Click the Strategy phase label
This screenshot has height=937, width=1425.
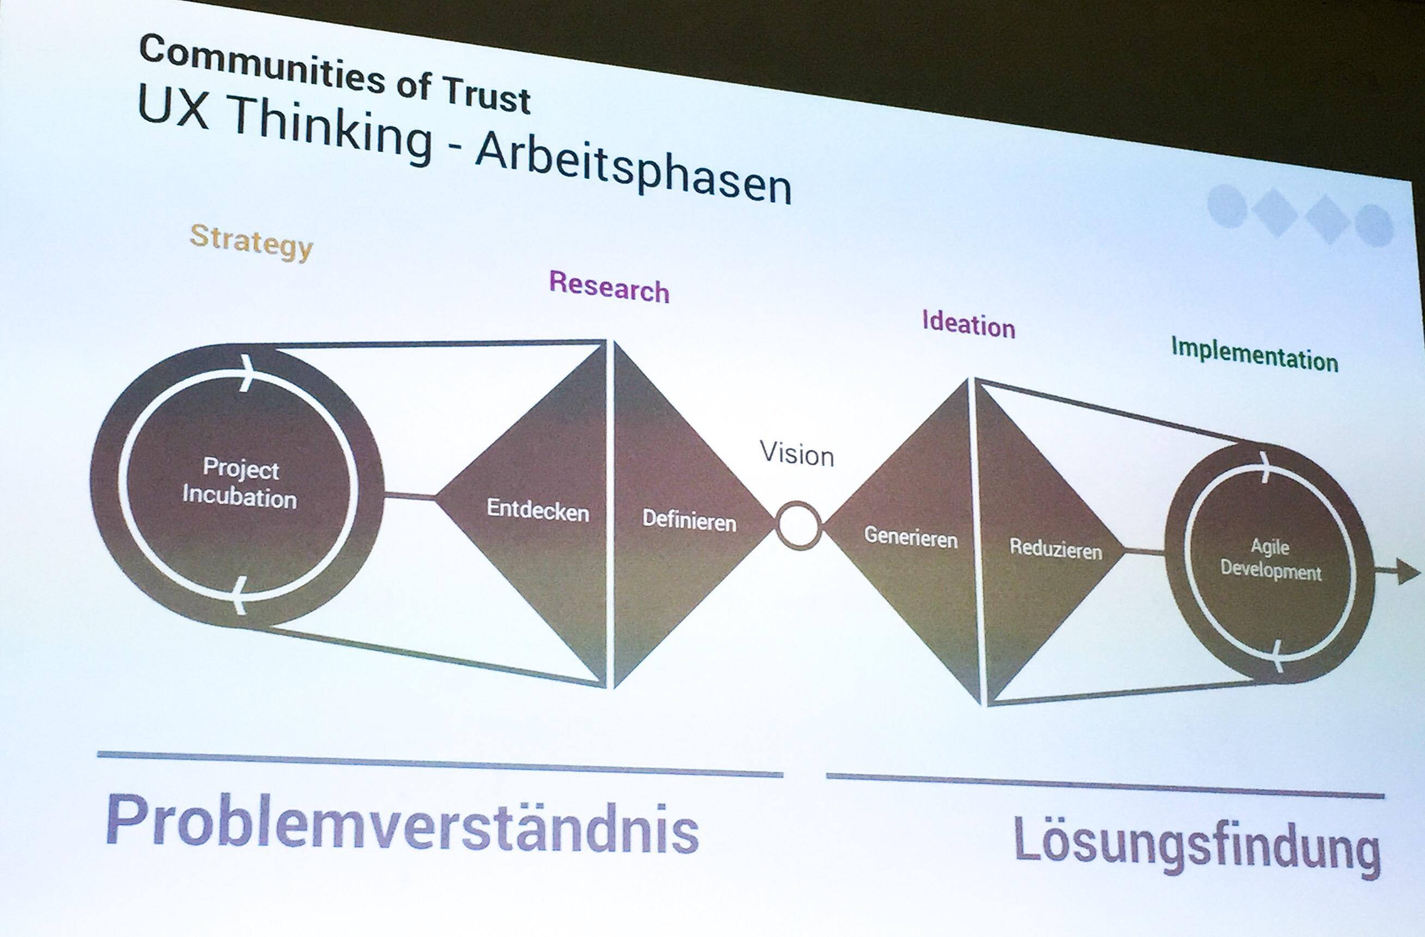(x=252, y=242)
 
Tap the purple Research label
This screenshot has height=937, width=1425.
(x=609, y=288)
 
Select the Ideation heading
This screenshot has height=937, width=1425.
(x=968, y=325)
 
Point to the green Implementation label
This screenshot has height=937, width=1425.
(x=1255, y=356)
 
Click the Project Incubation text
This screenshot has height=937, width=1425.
(x=240, y=483)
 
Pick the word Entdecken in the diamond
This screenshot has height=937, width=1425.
(x=538, y=510)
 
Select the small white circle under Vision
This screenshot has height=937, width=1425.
(x=798, y=525)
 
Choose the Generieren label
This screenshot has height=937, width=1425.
(x=911, y=537)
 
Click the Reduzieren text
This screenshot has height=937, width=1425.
(x=1056, y=549)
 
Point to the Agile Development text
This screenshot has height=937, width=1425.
(x=1270, y=560)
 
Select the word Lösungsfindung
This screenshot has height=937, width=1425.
(x=1197, y=850)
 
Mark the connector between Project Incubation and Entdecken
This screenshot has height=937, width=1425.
(x=409, y=495)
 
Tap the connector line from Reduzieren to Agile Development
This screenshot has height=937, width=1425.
(x=1143, y=552)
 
